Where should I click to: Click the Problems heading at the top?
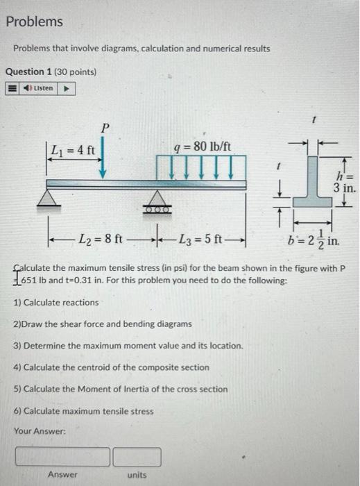[x=34, y=22]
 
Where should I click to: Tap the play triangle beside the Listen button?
[x=67, y=88]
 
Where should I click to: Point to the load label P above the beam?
[x=105, y=128]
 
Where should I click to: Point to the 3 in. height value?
[x=345, y=188]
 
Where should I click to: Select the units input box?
[x=137, y=457]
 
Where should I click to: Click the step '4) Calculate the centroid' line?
[x=111, y=367]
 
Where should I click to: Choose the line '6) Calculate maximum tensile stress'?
[x=83, y=411]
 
